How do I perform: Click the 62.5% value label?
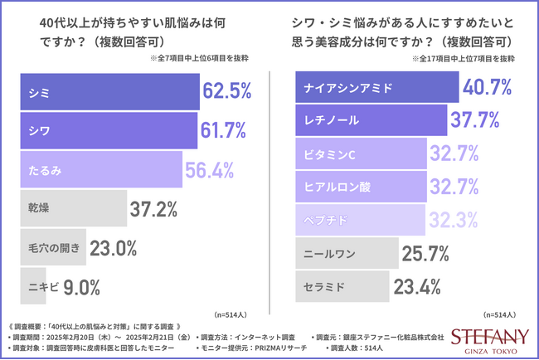(x=226, y=91)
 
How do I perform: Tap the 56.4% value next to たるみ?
(x=210, y=169)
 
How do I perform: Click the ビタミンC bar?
(x=361, y=154)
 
